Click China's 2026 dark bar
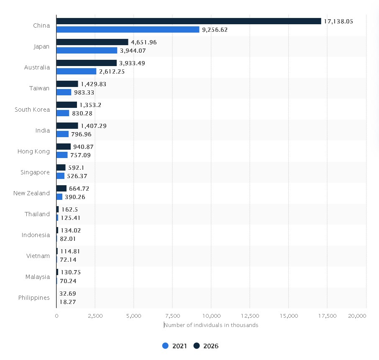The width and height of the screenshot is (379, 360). (x=188, y=21)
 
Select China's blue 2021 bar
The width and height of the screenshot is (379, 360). (x=128, y=30)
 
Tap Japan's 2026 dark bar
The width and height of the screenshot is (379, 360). (x=92, y=42)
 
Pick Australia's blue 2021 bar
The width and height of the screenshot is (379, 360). (x=76, y=71)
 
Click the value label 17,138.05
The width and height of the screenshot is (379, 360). (x=338, y=21)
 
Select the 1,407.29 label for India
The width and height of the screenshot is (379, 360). (x=95, y=126)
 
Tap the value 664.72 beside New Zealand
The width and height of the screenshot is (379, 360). (x=79, y=189)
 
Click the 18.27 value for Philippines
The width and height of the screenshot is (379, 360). (x=68, y=301)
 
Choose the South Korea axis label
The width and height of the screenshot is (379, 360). (x=32, y=110)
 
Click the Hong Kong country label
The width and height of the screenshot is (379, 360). (x=33, y=151)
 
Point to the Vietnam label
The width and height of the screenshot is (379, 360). (x=38, y=256)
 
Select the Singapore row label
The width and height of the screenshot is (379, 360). (x=35, y=172)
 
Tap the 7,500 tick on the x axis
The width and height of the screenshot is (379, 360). (x=172, y=316)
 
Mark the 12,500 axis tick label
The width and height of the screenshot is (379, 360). (x=250, y=316)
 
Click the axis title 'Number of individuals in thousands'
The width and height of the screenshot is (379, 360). (x=211, y=325)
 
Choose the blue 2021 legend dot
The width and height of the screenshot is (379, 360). (x=165, y=346)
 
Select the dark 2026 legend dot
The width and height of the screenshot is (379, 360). (x=197, y=346)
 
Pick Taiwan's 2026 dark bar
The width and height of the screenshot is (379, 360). (x=67, y=84)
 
